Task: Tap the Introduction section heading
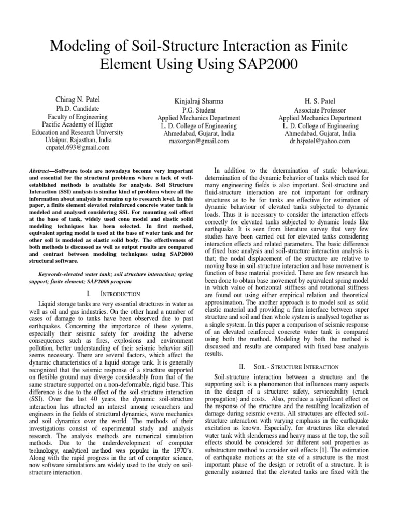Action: (114, 294)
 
